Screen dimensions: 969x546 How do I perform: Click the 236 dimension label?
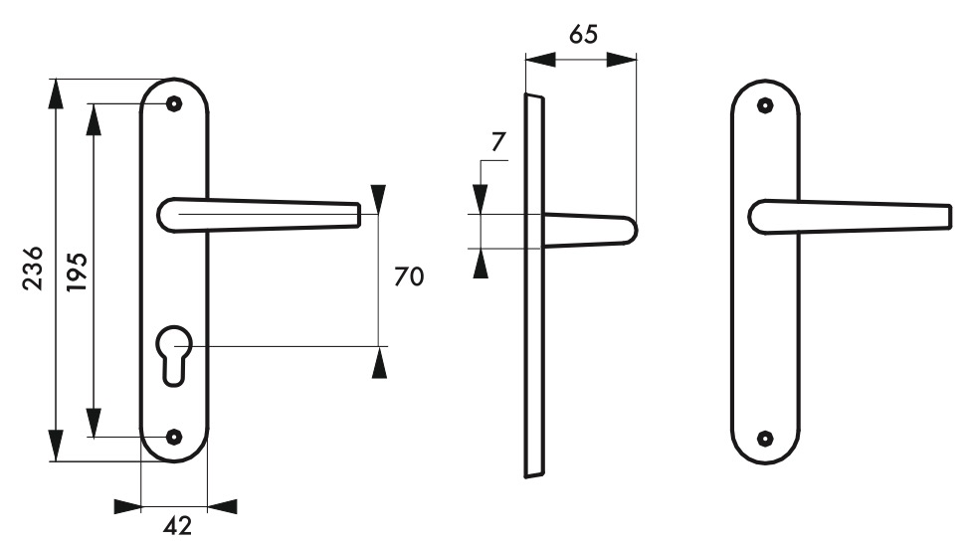(x=33, y=268)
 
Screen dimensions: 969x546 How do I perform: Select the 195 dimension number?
(x=78, y=273)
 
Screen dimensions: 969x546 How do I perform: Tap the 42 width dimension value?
(x=178, y=526)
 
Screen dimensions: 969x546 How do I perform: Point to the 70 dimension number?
(x=409, y=276)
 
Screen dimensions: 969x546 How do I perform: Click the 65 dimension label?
(x=583, y=35)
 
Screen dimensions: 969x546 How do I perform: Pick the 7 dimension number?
(x=498, y=142)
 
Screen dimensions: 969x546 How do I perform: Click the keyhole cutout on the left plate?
(x=174, y=356)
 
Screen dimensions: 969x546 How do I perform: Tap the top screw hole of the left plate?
(x=174, y=103)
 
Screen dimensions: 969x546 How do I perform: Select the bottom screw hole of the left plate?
(x=174, y=438)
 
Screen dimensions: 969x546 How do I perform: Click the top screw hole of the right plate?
(x=766, y=105)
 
